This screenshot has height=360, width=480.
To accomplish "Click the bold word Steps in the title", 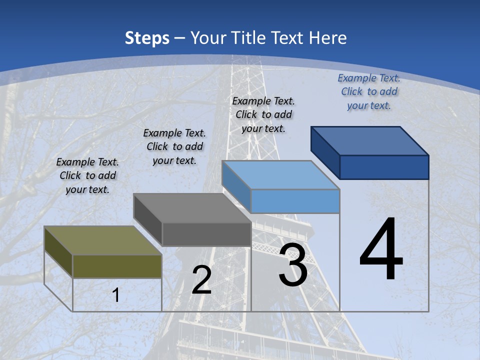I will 147,38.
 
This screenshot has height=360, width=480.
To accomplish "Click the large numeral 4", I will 381,250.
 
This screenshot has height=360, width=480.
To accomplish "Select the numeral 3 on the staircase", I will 292,265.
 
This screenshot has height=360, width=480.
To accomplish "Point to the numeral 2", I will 201,280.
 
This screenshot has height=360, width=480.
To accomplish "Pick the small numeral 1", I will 116,295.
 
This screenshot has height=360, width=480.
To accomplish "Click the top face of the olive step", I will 102,240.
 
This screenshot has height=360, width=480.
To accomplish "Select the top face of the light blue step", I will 280,175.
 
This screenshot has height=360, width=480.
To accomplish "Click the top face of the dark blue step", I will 370,141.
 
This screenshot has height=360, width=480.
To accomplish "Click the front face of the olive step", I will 117,266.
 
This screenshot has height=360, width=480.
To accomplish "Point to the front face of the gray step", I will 206,234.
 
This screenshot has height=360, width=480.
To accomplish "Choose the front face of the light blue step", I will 295,201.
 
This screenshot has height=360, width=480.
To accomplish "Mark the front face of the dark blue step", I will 384,167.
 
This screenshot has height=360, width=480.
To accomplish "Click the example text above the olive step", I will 87,176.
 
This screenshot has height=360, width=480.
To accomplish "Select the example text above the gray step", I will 174,146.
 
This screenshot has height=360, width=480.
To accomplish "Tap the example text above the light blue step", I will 263,114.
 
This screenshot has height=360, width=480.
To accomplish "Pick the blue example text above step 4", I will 369,91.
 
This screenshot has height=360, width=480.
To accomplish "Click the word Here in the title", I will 328,38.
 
